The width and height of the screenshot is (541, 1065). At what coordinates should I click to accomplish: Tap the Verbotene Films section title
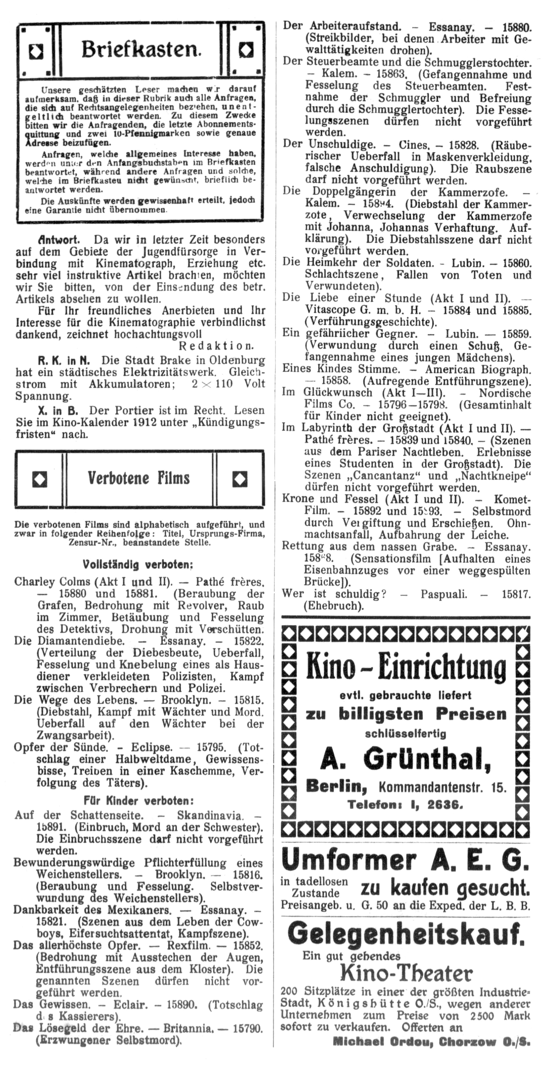click(139, 478)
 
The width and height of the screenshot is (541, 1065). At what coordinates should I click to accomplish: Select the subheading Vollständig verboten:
click(138, 564)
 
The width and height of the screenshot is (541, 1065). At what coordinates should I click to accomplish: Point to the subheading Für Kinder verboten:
click(139, 800)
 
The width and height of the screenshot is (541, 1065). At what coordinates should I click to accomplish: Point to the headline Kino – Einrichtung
click(406, 667)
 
